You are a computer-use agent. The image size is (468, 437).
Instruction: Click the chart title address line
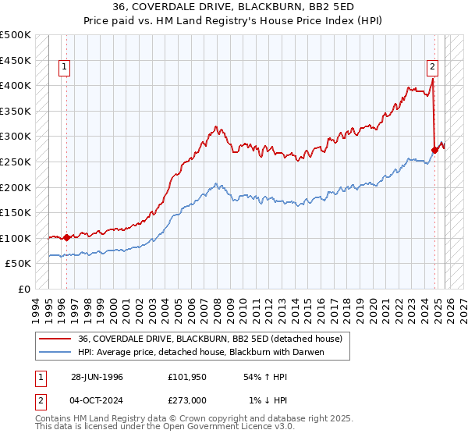tap(233, 9)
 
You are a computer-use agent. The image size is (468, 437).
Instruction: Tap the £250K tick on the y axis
tap(16, 162)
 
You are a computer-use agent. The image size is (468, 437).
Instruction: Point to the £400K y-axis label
tap(16, 86)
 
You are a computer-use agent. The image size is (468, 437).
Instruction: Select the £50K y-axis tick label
tap(18, 264)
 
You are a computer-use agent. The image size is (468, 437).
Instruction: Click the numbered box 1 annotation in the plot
tap(66, 67)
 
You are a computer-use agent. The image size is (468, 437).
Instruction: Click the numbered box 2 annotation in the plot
tap(432, 67)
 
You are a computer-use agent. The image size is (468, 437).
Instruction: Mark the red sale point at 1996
tap(67, 237)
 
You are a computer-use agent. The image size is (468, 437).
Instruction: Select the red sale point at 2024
tap(434, 150)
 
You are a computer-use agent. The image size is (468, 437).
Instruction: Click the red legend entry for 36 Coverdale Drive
tap(210, 339)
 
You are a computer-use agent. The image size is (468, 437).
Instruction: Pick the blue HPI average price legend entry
tap(200, 352)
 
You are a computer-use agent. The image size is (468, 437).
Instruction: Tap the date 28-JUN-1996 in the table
tap(97, 377)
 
